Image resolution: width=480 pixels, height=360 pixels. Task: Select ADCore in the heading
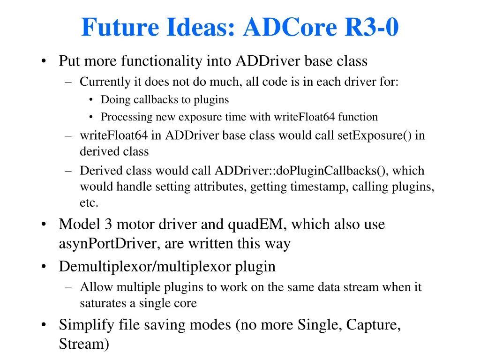point(290,27)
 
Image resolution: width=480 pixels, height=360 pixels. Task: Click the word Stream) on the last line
point(84,344)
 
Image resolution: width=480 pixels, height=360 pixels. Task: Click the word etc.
point(89,203)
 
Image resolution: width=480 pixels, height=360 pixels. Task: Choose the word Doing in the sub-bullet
point(114,99)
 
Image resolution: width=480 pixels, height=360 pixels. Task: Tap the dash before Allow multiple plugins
point(69,287)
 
